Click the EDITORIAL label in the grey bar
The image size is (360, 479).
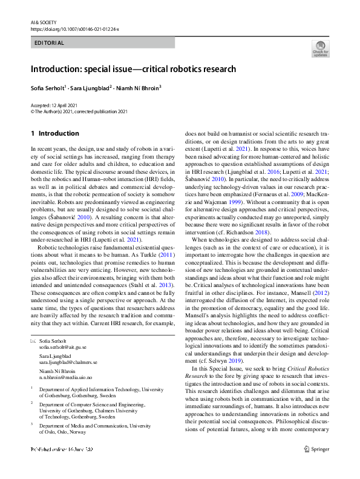point(50,43)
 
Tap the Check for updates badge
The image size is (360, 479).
point(320,48)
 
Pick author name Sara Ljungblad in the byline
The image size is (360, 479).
point(91,88)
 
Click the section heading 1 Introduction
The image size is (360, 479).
point(54,133)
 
